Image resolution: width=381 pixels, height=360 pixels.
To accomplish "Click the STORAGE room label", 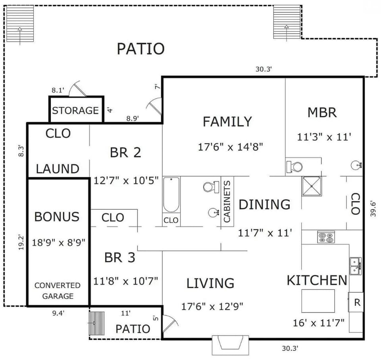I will (75, 110).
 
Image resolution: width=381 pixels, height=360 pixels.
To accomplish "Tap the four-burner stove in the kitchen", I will (326, 237).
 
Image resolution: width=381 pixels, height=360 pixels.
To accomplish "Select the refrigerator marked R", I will (356, 303).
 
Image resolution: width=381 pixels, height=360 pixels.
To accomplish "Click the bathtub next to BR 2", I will (171, 195).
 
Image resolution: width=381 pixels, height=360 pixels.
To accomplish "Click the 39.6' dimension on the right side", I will (373, 209).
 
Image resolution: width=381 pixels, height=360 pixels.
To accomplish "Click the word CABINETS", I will (227, 201).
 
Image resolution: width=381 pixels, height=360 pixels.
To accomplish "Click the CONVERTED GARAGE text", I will (57, 291).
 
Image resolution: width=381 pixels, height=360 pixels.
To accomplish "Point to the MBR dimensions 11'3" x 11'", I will (324, 137).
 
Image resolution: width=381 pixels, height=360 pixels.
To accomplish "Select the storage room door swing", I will (78, 90).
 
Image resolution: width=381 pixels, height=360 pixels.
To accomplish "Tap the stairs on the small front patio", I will (96, 324).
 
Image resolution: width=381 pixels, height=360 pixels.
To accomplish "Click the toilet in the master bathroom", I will (294, 167).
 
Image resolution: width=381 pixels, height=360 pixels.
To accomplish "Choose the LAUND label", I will (58, 169).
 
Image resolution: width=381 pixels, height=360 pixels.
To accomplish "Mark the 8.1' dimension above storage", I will (58, 90).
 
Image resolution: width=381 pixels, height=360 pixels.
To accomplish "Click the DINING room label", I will (264, 205).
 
